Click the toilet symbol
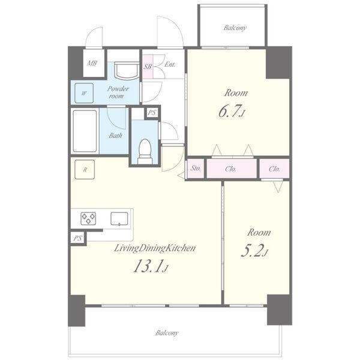click(x=145, y=151)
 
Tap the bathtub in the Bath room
click(x=85, y=131)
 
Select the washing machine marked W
click(x=84, y=93)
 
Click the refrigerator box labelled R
click(x=85, y=169)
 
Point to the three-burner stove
click(x=88, y=218)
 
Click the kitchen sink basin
click(x=119, y=218)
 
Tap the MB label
click(x=92, y=63)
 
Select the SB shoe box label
click(x=148, y=67)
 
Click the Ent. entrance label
click(x=170, y=64)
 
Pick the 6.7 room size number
click(x=231, y=111)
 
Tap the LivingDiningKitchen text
click(x=155, y=248)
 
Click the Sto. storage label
click(x=196, y=168)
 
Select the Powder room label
click(x=118, y=92)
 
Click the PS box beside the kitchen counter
click(x=77, y=238)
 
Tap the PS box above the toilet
click(x=152, y=113)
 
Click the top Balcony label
click(x=235, y=28)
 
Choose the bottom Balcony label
click(x=167, y=333)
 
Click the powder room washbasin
click(x=126, y=70)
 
